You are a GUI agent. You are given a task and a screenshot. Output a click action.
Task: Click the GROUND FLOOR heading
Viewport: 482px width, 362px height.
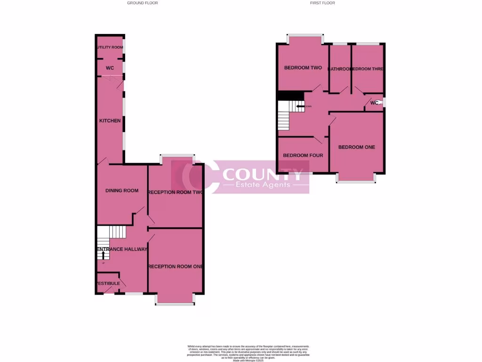[x=143, y=3]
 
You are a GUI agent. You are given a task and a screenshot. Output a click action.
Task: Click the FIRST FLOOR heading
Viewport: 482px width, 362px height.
[x=322, y=3]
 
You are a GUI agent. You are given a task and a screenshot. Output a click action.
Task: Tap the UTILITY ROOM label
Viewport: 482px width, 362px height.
[x=110, y=47]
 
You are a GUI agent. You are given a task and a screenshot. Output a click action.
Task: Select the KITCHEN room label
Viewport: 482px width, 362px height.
[x=110, y=121]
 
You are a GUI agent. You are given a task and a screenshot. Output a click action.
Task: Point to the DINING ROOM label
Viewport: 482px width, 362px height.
[x=121, y=190]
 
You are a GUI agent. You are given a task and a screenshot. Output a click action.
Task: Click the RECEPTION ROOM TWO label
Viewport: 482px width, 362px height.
[x=175, y=192]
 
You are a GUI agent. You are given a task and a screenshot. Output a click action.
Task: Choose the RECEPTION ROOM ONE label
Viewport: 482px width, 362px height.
[x=175, y=266]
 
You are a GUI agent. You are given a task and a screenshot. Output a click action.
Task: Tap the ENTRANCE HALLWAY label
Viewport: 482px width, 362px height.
[x=122, y=249]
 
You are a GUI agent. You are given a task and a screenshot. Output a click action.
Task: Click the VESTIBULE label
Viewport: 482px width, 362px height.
[x=108, y=283]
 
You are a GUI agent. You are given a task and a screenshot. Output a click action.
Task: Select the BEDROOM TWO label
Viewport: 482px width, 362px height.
[x=303, y=68]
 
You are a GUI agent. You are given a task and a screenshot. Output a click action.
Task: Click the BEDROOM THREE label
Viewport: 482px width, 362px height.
[x=368, y=69]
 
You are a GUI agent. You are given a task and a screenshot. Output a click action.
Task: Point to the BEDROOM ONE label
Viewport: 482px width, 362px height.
[x=357, y=147]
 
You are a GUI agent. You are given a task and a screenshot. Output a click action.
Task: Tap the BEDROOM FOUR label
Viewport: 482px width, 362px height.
[x=303, y=155]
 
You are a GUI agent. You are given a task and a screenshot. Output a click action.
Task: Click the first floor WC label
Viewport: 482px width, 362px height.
[x=375, y=103]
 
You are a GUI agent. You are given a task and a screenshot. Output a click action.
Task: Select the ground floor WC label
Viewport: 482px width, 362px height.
[x=110, y=68]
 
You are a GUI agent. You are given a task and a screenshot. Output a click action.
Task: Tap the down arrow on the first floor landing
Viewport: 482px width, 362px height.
[x=299, y=107]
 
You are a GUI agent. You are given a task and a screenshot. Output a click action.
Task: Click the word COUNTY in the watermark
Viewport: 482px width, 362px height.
[x=263, y=175]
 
